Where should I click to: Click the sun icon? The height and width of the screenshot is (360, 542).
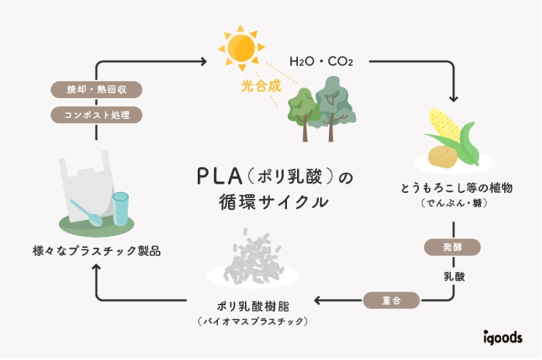pyautogui.click(x=241, y=47)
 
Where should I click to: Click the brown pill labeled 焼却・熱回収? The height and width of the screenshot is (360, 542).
pyautogui.click(x=97, y=89)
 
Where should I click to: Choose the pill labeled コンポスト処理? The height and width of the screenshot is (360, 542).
pyautogui.click(x=97, y=115)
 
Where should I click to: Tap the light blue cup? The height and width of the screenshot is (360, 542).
pyautogui.click(x=120, y=209)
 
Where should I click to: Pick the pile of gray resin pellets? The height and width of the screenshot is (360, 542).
pyautogui.click(x=252, y=257)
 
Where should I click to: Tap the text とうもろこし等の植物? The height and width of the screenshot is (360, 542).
pyautogui.click(x=457, y=188)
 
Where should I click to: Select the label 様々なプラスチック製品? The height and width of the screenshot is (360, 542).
pyautogui.click(x=97, y=251)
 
